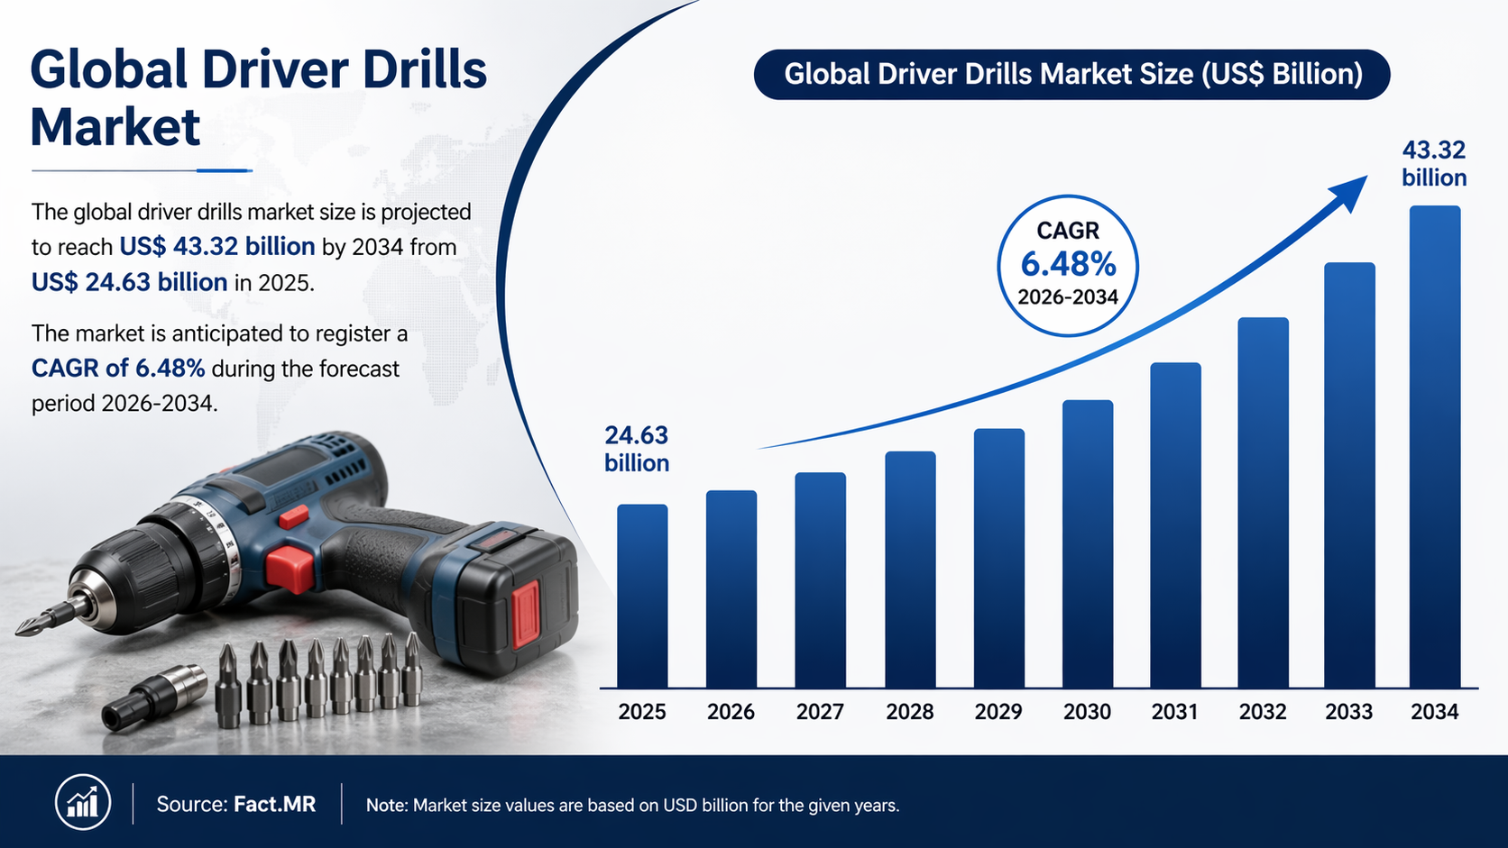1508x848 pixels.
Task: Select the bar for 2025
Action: [642, 596]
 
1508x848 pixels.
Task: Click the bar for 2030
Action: [1088, 543]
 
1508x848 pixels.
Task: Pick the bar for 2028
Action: [910, 570]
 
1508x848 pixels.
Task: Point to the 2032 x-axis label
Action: [1262, 712]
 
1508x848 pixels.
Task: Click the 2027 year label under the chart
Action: [820, 712]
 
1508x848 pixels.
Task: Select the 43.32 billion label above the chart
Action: [1434, 163]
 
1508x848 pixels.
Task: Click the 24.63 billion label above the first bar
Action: [637, 449]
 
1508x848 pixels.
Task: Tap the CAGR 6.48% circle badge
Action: [1068, 265]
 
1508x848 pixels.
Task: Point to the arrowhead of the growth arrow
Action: [1348, 190]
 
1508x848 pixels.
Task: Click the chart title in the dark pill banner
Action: [1072, 74]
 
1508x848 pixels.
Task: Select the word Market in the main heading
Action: [115, 127]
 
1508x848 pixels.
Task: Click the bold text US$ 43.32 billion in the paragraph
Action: [217, 247]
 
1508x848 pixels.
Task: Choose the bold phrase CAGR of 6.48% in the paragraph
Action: [118, 369]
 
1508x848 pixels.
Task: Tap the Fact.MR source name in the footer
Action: [275, 804]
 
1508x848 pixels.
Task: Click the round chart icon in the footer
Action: [83, 803]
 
